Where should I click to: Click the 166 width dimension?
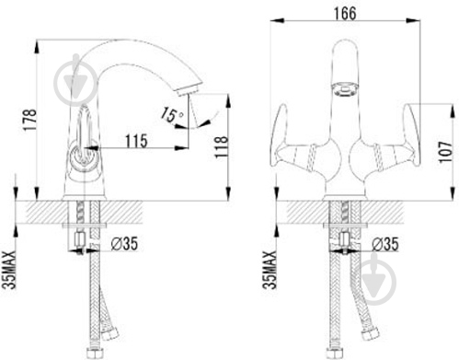(345, 14)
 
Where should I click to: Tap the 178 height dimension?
(30, 120)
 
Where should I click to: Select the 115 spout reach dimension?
(136, 141)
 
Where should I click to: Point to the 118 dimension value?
(222, 147)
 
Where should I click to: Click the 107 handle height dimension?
(445, 152)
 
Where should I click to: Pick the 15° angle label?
(172, 115)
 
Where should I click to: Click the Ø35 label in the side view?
(124, 244)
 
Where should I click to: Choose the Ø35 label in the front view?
(385, 245)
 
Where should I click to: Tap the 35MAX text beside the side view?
(8, 270)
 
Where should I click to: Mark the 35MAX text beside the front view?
(270, 270)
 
